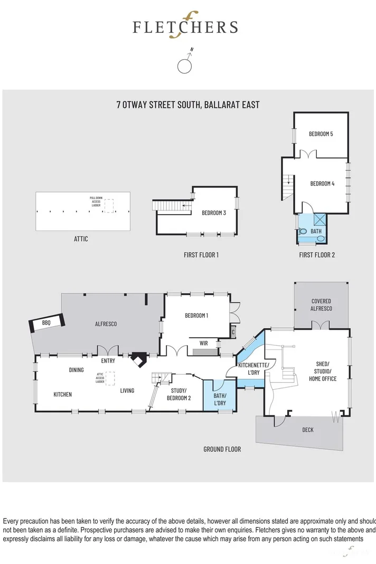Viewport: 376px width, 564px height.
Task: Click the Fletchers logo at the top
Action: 185,27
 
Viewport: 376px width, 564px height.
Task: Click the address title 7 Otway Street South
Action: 187,104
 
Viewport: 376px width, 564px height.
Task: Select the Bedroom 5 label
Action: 321,134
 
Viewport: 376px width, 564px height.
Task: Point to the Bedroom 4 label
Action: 322,183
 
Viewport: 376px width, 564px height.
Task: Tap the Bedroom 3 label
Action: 214,213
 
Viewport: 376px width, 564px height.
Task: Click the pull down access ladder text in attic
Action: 95,201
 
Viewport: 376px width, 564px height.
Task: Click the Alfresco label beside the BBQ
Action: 106,323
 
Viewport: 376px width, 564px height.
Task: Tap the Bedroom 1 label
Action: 196,316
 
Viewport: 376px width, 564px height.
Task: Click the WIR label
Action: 203,343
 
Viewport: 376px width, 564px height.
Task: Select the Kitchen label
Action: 62,394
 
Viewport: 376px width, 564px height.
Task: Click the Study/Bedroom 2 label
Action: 178,394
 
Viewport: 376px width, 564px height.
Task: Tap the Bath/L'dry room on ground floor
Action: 220,399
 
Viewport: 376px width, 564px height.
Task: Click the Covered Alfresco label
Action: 321,305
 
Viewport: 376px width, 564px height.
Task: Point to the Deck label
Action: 307,430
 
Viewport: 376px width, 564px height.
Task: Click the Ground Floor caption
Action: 222,449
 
